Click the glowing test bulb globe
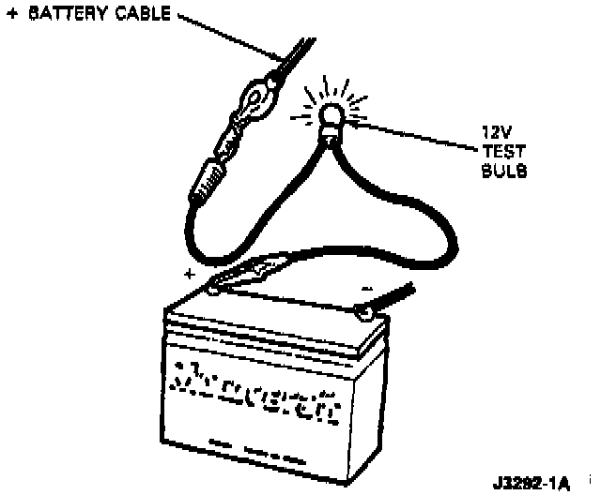(331, 116)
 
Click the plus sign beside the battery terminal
(190, 276)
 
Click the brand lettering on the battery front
(254, 384)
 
